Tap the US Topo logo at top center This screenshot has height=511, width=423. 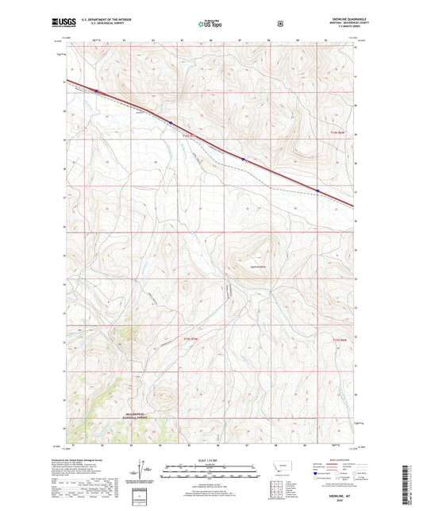pyautogui.click(x=210, y=24)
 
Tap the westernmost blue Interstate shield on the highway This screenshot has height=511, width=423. pyautogui.click(x=96, y=91)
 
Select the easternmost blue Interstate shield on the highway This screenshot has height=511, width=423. pyautogui.click(x=318, y=190)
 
